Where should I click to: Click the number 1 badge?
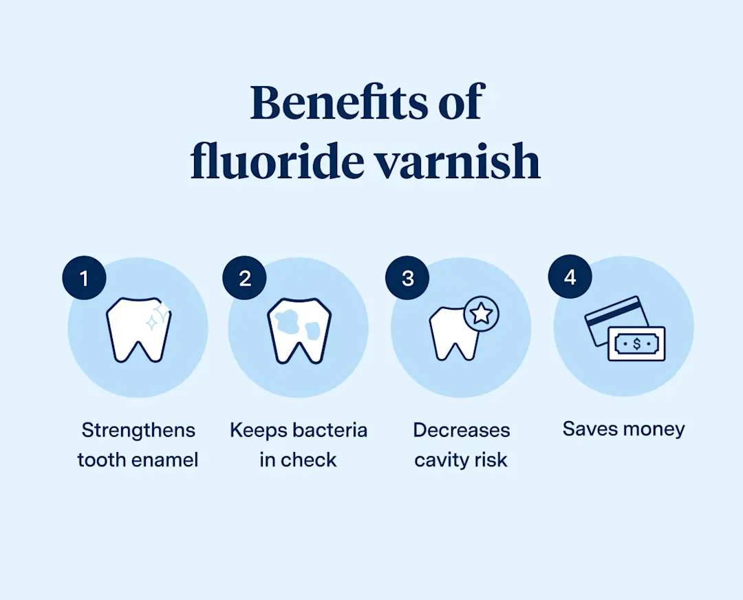coord(84,279)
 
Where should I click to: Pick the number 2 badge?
coord(245,279)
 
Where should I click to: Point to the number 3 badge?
coord(407,279)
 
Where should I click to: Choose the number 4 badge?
coord(570,277)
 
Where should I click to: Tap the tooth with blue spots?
coord(299,330)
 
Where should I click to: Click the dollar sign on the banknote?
coord(636,343)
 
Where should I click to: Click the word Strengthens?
coord(138,431)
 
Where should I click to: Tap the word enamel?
coord(167,460)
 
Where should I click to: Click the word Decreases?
coord(462,431)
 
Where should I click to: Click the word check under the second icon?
coord(309,460)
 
